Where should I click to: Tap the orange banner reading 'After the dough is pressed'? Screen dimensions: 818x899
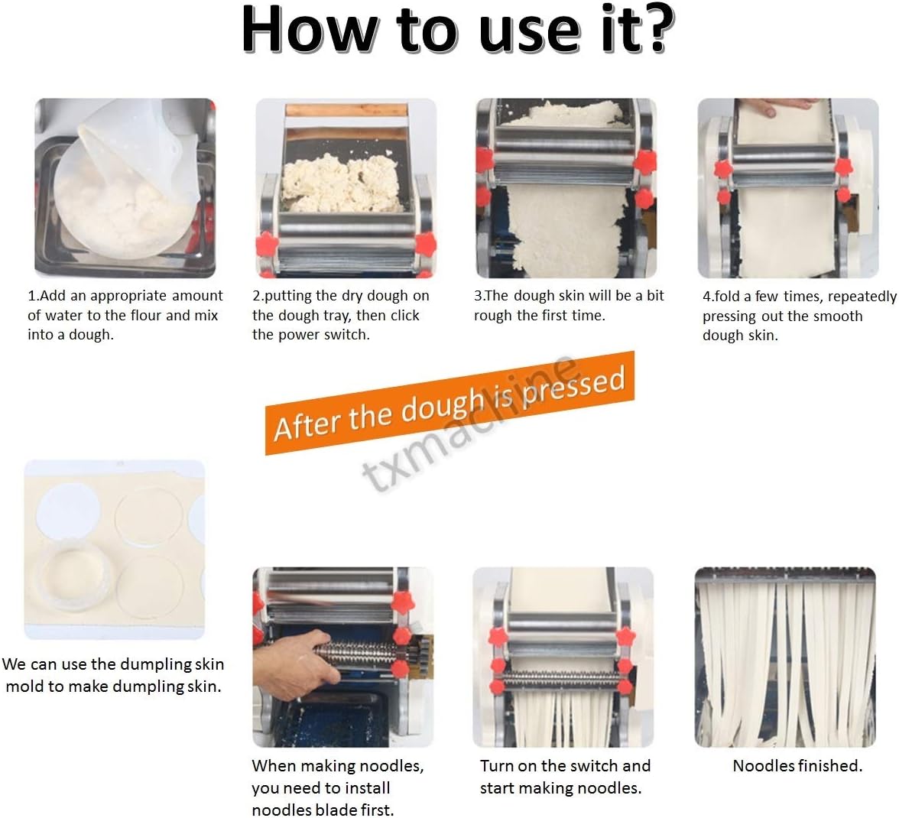450,402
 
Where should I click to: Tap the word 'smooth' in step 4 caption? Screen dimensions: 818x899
833,316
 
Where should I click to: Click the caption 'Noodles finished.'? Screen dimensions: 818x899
797,766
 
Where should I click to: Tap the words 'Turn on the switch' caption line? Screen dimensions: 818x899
564,766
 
